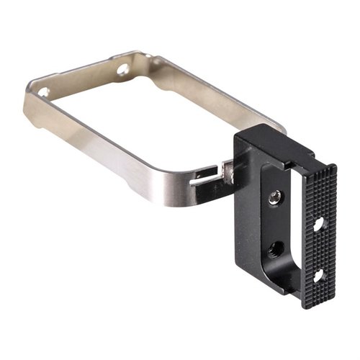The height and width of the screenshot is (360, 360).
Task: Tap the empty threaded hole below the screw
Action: pyautogui.click(x=274, y=249)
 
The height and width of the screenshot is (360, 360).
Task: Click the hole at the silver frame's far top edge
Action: pyautogui.click(x=122, y=70)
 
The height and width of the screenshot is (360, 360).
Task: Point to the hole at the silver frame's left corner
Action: pyautogui.click(x=42, y=92)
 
